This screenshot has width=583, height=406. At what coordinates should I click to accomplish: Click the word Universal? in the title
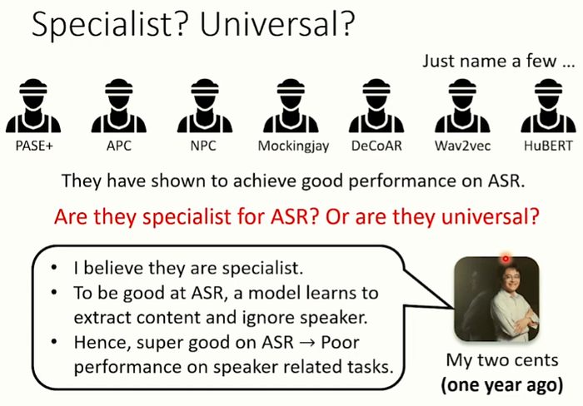pos(277,23)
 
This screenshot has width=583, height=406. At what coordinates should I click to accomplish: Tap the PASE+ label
pos(34,146)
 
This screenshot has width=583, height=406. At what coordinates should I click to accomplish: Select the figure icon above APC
pos(119,106)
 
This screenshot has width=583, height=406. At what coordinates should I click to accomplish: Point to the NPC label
pos(203,146)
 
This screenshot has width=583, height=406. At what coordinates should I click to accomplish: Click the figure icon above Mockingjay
pos(291,106)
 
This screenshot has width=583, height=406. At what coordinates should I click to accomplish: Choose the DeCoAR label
pos(376,146)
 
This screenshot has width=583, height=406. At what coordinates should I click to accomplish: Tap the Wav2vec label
pos(462,146)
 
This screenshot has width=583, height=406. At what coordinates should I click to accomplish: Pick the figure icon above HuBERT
pos(548,106)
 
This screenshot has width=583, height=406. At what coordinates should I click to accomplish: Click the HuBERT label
pos(548,146)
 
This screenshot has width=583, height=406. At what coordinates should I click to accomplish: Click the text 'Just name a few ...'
pos(499,61)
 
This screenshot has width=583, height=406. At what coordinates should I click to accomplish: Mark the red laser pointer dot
pos(506,259)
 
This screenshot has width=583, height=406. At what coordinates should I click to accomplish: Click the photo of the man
pos(496,299)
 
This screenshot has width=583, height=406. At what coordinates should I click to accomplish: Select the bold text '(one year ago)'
pos(502,385)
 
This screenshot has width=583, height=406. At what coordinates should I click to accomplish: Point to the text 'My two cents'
pos(502,360)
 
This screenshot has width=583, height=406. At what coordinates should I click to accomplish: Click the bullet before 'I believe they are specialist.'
pos(54,267)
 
